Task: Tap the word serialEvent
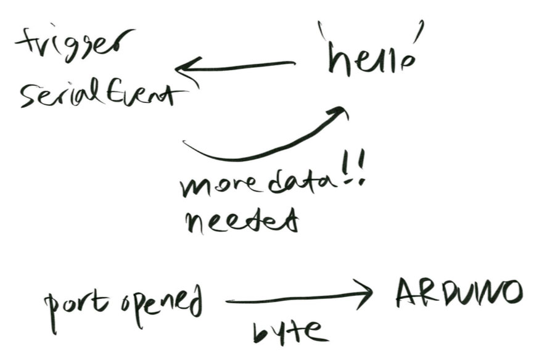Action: (102, 95)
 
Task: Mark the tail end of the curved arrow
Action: (186, 144)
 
